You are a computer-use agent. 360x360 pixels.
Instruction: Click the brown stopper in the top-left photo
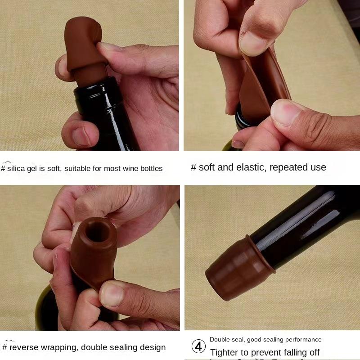coord(83,45)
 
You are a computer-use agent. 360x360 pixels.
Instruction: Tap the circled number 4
coord(198,346)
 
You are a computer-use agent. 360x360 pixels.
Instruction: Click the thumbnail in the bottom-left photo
coord(111,295)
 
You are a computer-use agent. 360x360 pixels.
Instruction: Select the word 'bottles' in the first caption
coord(151,169)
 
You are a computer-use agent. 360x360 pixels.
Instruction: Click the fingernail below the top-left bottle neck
coord(81,136)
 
